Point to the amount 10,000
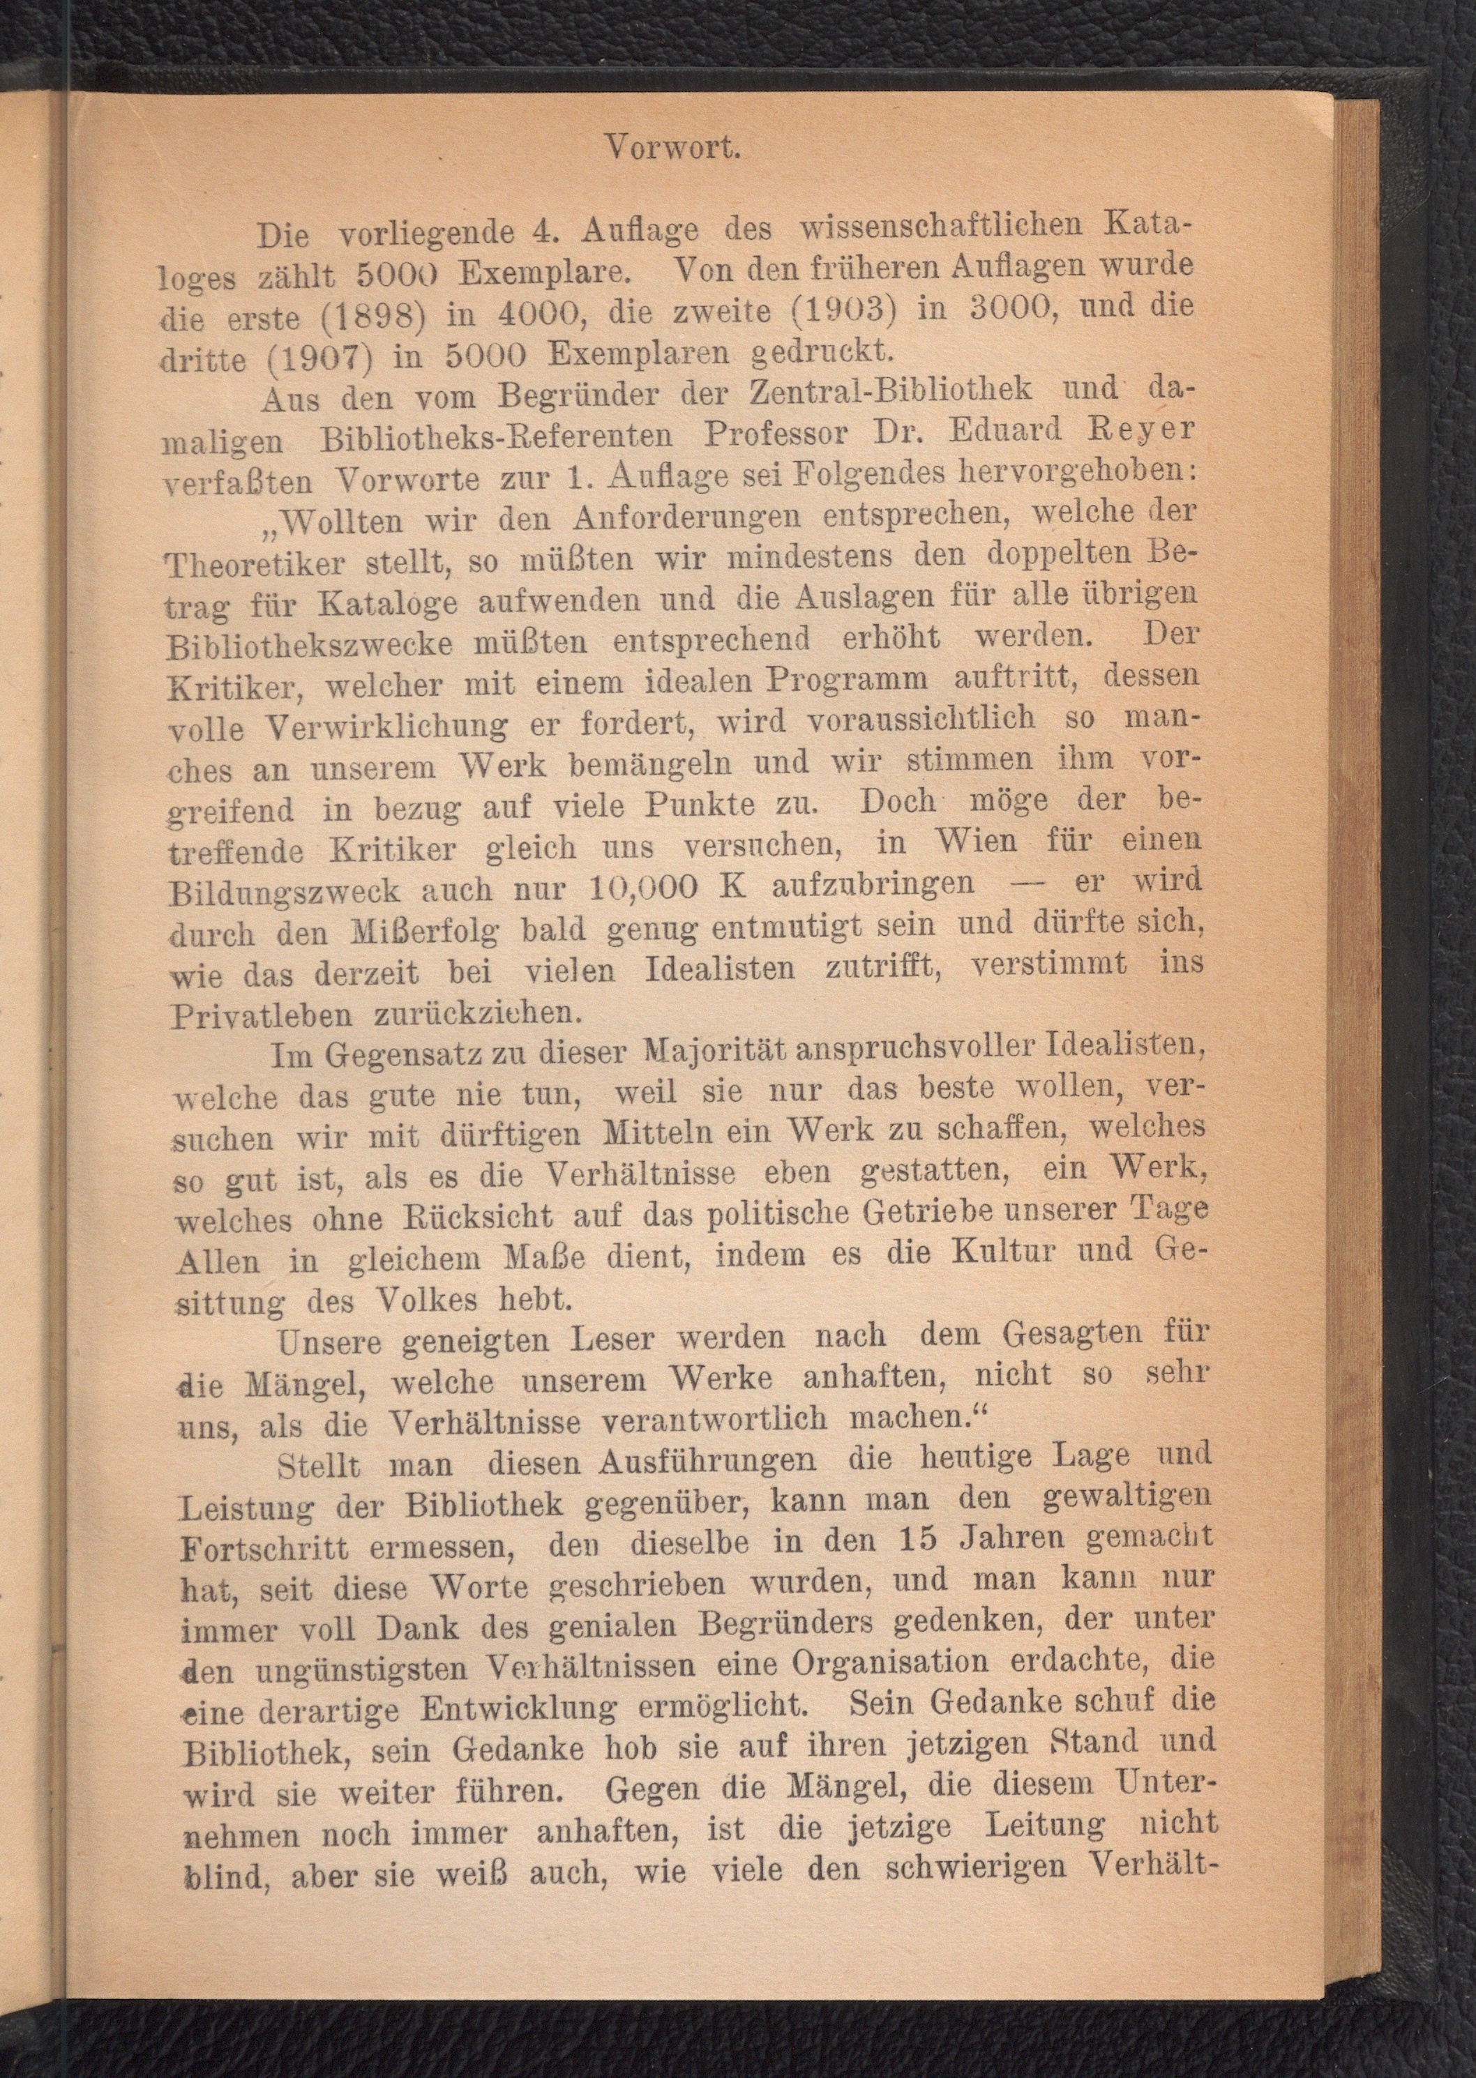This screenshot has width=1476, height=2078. click(642, 885)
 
